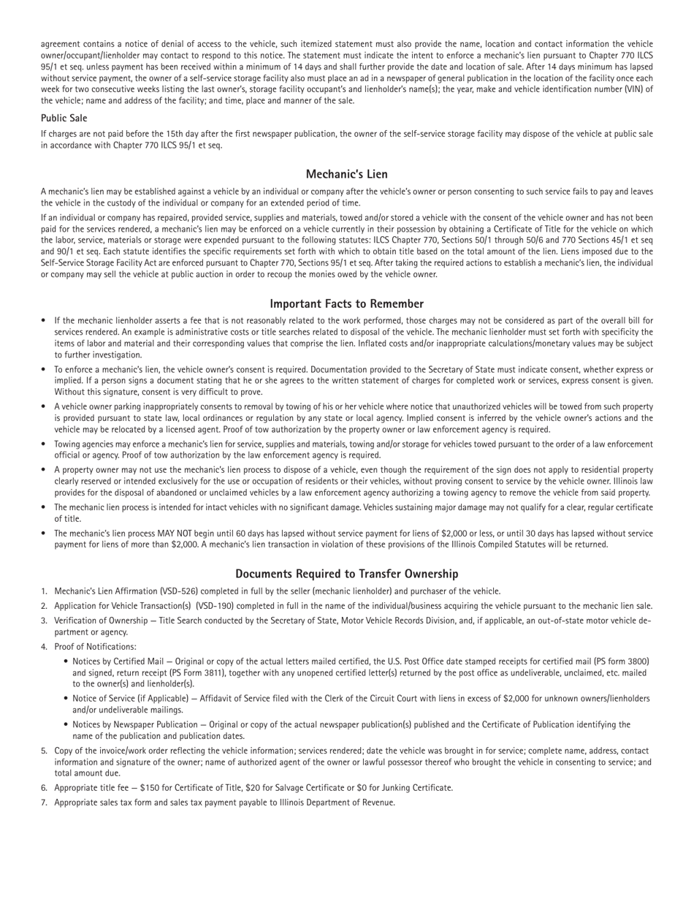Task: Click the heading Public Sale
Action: pyautogui.click(x=64, y=118)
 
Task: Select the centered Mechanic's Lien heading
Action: pyautogui.click(x=346, y=174)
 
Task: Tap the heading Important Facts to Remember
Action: pyautogui.click(x=346, y=303)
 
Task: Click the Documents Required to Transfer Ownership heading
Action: pyautogui.click(x=346, y=574)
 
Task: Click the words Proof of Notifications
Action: pyautogui.click(x=95, y=647)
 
